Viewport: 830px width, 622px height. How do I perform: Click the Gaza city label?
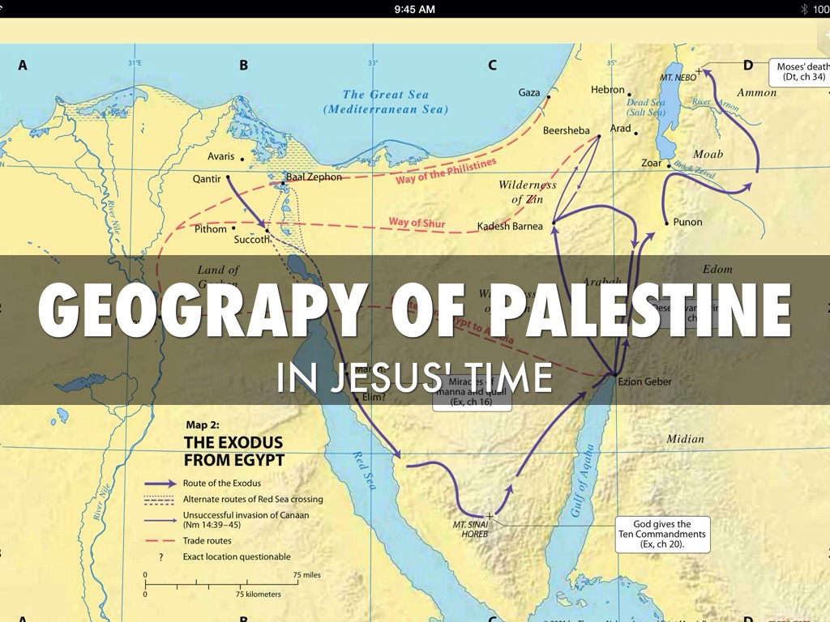click(529, 92)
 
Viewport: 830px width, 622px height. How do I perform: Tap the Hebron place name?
click(608, 90)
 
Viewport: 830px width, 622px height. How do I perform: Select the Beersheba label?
click(566, 130)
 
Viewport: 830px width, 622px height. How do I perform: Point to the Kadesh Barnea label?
click(510, 226)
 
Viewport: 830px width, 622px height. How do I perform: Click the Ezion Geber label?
click(644, 381)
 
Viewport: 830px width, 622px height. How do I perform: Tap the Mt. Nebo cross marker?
click(699, 71)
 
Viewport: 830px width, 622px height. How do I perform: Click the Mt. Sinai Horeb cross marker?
click(490, 515)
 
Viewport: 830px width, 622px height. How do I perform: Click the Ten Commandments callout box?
click(662, 534)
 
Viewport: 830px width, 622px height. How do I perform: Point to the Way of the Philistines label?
click(446, 172)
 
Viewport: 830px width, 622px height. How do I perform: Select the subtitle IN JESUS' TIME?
click(414, 377)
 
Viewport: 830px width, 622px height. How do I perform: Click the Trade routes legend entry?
click(207, 540)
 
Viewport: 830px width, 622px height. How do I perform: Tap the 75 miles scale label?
click(306, 575)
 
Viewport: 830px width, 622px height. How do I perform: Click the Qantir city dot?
click(228, 177)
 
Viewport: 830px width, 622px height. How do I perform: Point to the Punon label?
click(687, 222)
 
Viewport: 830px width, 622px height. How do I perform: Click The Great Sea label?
click(385, 101)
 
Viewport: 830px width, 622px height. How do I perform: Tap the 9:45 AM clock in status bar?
click(414, 9)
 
